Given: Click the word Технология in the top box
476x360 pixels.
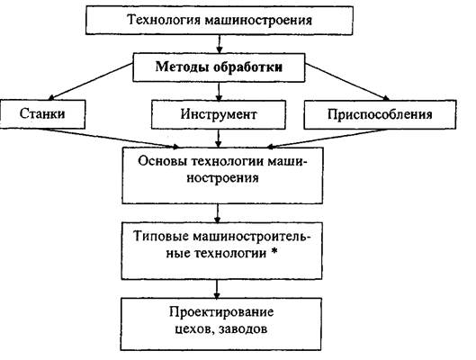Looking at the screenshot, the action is pos(165,21).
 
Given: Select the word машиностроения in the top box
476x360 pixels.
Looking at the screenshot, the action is pos(258,21).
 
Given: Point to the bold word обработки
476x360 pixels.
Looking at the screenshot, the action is pos(247,67).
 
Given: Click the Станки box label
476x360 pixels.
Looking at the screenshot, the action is pos(42,113).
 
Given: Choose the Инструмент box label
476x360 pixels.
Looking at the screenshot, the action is pos(219,114).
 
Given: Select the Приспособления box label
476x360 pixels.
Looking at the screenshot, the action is pos(380,114).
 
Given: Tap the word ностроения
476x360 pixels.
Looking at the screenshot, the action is pos(222,177).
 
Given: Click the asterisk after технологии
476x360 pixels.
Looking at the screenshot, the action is pos(274,251).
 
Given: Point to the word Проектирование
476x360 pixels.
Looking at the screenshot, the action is pos(221,312).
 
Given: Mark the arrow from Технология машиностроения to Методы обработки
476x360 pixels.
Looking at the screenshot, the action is pos(220,44).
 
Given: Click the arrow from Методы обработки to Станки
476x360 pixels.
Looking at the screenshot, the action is pos(91,81).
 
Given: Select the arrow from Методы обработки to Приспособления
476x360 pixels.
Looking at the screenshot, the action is pos(347,82).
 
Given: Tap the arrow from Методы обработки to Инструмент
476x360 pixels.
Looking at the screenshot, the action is pos(219,92).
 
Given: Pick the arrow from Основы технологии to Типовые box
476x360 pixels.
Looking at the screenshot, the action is pos(218,213).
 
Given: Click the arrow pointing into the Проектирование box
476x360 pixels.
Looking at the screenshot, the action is pos(217,289).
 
